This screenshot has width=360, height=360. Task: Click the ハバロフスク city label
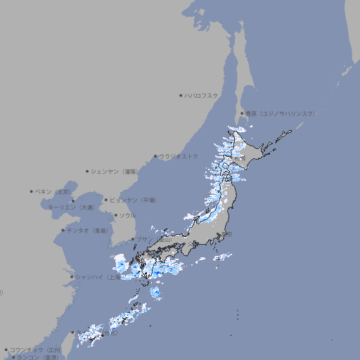(x=202, y=96)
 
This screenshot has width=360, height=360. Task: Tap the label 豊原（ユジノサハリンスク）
(x=280, y=113)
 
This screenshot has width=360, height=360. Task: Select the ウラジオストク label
(x=179, y=156)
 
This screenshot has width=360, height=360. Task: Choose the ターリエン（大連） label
(x=71, y=207)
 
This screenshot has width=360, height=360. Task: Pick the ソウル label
(x=127, y=215)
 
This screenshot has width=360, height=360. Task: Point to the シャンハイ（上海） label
(x=98, y=277)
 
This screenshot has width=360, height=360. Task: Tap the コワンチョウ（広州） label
(x=35, y=349)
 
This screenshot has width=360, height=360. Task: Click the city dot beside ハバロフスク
(x=181, y=96)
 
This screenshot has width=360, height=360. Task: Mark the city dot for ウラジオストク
(x=155, y=156)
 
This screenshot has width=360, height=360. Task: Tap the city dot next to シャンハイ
(x=72, y=277)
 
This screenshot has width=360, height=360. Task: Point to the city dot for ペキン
(x=32, y=191)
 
